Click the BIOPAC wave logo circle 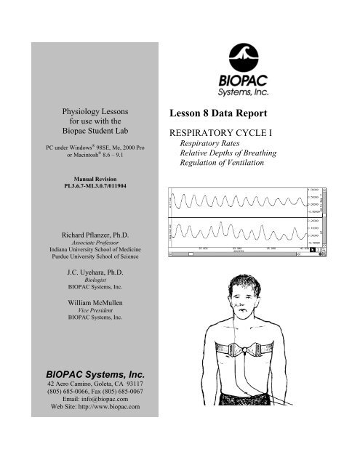pyautogui.click(x=259, y=55)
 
